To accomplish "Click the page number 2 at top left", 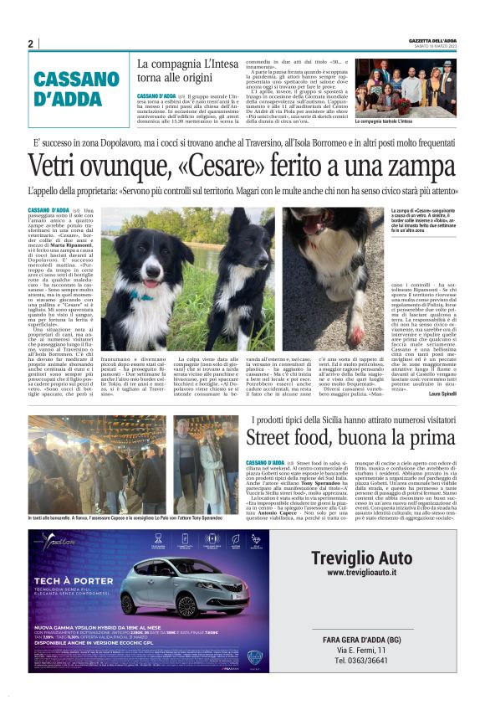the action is point(31,44).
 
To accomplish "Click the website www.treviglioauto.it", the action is point(360,573).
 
